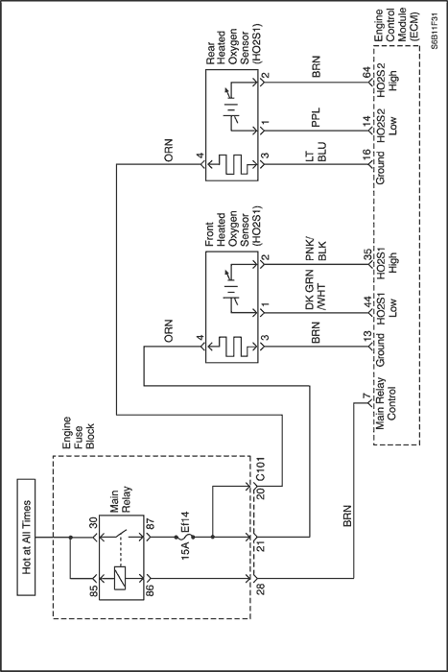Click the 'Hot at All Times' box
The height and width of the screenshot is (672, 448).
(x=26, y=537)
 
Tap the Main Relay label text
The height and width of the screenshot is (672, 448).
(x=121, y=500)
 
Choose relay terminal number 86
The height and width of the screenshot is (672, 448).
(x=151, y=588)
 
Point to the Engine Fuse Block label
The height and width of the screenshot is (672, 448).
(x=78, y=432)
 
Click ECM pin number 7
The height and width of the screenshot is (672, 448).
(x=365, y=396)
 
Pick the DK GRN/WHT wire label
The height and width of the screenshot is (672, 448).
(x=316, y=290)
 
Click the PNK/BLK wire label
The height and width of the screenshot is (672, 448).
(x=316, y=250)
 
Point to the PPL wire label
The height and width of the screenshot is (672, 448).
(x=316, y=117)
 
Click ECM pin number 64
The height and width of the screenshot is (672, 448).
(x=366, y=72)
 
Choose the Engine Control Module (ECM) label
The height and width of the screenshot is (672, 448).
(x=396, y=26)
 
